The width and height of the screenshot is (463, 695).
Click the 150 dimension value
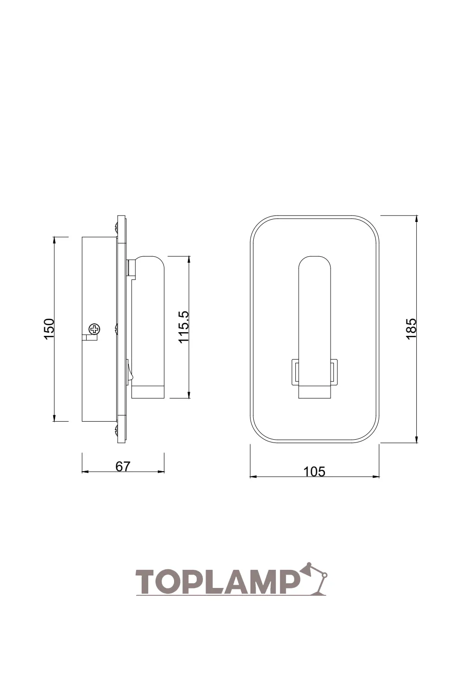(x=50, y=329)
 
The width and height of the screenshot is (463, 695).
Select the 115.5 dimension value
(x=184, y=327)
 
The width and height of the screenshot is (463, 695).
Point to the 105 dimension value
(x=314, y=472)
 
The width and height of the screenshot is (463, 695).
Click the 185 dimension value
(x=411, y=329)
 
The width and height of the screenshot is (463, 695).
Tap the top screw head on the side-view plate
(x=116, y=227)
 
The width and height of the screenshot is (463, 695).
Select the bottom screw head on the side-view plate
(x=116, y=430)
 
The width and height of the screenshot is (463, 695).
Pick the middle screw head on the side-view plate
(x=116, y=329)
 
